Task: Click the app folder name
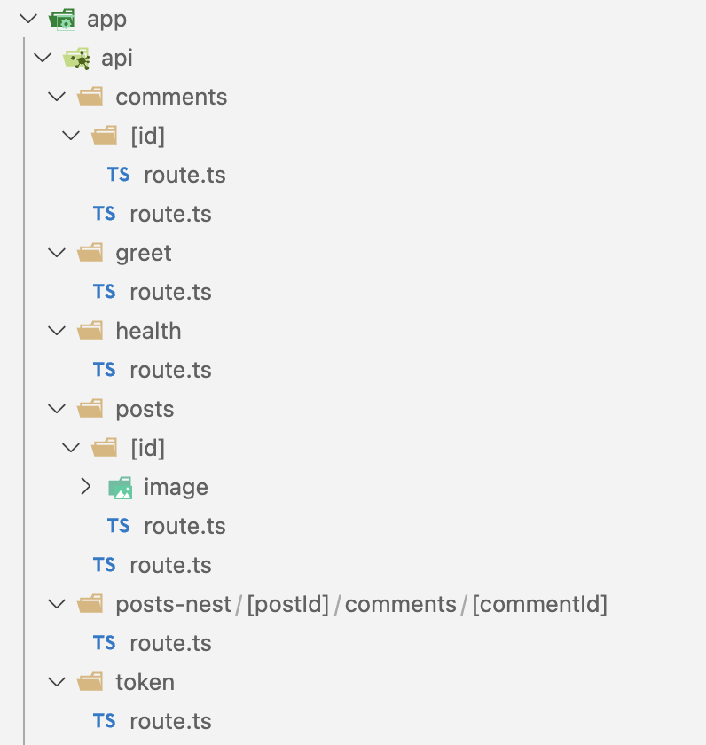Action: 106,19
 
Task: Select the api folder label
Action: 117,58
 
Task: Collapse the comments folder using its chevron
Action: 57,97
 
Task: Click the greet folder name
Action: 143,253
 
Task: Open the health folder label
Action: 148,331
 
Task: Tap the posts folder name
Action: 145,409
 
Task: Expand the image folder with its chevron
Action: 85,487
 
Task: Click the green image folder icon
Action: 120,487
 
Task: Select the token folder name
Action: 145,682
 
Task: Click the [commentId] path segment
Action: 539,604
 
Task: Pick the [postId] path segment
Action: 287,604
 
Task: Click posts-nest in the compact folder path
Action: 174,604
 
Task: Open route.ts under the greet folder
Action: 170,292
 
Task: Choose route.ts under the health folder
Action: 170,370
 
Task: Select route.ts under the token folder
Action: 170,721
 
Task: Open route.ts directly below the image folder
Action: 184,526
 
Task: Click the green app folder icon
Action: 62,19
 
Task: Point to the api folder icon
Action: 77,59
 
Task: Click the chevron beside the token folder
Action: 57,682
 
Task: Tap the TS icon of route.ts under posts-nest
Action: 105,643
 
